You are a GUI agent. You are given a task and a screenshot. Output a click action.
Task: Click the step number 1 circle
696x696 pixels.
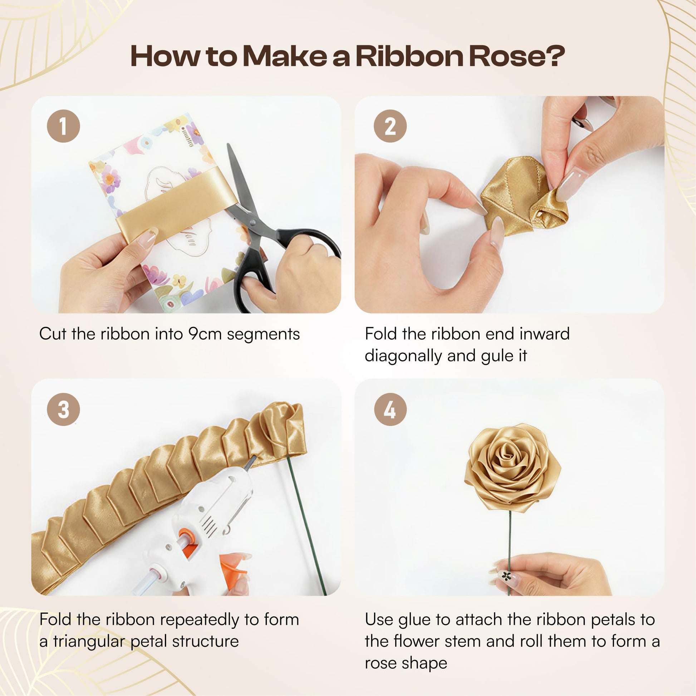point(63,126)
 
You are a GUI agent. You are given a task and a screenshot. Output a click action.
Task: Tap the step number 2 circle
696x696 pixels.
point(390,126)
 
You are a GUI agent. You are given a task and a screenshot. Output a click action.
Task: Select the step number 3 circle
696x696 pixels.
point(63,410)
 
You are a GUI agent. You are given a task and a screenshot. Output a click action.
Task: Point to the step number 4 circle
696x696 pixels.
point(390,410)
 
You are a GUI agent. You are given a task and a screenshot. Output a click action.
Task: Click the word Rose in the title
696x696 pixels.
point(509,57)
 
